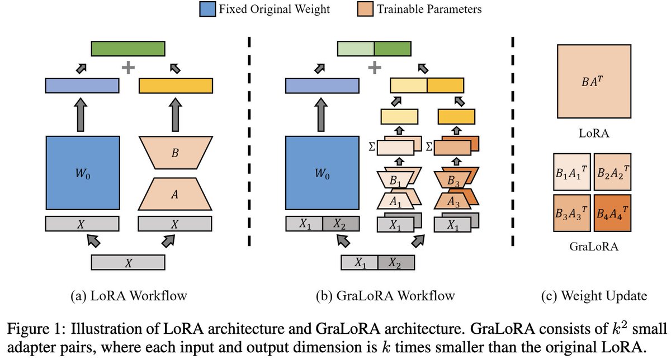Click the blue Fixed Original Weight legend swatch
209,8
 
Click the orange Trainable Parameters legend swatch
363,8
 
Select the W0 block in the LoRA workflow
82,173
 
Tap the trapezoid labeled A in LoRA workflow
175,193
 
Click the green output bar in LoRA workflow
128,48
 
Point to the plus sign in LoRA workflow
129,68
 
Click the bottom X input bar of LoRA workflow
128,263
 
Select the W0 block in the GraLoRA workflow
322,173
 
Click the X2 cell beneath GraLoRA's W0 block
340,224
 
